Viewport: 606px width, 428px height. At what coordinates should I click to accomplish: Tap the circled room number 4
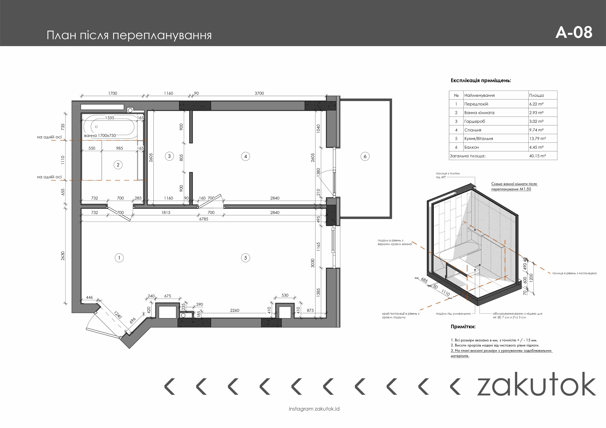tap(245, 156)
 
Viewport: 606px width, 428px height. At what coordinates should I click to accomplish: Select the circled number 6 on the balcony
tap(365, 156)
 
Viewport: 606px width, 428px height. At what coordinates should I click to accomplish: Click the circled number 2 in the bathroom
tap(118, 165)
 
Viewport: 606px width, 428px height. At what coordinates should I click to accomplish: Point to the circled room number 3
tap(169, 156)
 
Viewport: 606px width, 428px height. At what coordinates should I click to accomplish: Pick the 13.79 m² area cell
tap(537, 138)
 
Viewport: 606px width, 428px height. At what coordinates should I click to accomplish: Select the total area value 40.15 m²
tap(537, 156)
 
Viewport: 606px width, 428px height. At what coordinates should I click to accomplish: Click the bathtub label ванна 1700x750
tap(100, 136)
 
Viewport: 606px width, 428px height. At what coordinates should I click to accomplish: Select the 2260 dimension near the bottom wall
tap(235, 310)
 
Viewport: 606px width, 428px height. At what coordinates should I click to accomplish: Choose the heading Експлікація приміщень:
tap(481, 80)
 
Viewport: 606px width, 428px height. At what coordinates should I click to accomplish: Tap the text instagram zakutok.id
tap(314, 409)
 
